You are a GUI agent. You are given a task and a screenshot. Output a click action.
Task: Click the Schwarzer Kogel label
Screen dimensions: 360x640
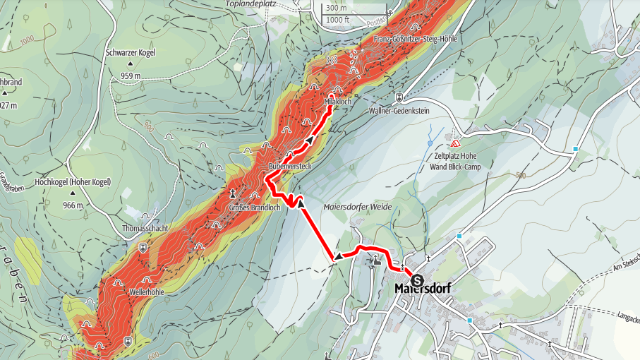click(x=130, y=52)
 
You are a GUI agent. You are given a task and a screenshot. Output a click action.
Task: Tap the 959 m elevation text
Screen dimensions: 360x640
click(x=130, y=76)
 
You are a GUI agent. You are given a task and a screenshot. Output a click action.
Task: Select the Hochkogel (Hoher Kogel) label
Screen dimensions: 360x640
click(x=73, y=182)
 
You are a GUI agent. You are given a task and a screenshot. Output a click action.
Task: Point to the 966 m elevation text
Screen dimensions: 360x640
click(x=73, y=205)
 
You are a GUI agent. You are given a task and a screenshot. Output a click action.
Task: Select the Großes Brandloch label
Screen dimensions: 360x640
click(x=255, y=208)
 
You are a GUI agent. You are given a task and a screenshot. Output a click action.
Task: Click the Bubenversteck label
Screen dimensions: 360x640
click(x=285, y=165)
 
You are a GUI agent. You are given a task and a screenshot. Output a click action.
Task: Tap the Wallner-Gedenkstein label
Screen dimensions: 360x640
click(x=399, y=111)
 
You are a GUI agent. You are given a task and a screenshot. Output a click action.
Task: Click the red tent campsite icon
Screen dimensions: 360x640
click(x=456, y=142)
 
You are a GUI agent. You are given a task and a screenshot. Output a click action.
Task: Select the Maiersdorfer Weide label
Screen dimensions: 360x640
click(x=357, y=207)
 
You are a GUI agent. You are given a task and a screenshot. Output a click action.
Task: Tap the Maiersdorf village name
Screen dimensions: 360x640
click(x=423, y=289)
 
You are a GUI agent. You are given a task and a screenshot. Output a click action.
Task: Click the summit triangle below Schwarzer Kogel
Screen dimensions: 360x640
click(x=131, y=64)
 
